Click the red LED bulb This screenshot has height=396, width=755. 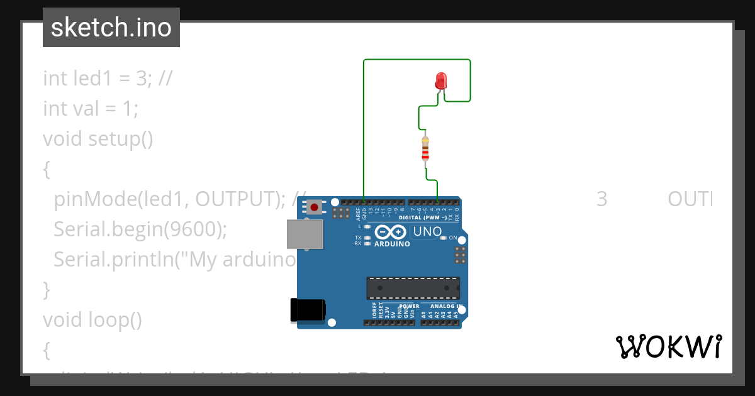click(x=440, y=80)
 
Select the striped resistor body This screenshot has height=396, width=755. click(x=425, y=151)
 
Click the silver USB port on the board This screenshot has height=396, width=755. click(x=305, y=234)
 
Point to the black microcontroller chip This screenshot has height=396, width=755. click(x=413, y=288)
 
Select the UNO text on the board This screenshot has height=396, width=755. click(x=427, y=232)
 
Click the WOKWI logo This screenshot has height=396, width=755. click(x=668, y=346)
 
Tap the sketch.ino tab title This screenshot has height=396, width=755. click(x=111, y=28)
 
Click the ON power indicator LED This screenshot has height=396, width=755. click(x=443, y=238)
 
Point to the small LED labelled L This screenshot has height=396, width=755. click(x=367, y=226)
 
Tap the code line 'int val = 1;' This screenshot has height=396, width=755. click(x=91, y=109)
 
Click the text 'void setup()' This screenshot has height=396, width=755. click(x=98, y=138)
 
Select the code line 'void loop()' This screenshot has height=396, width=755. click(x=92, y=320)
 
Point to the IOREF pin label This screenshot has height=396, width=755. click(x=374, y=312)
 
